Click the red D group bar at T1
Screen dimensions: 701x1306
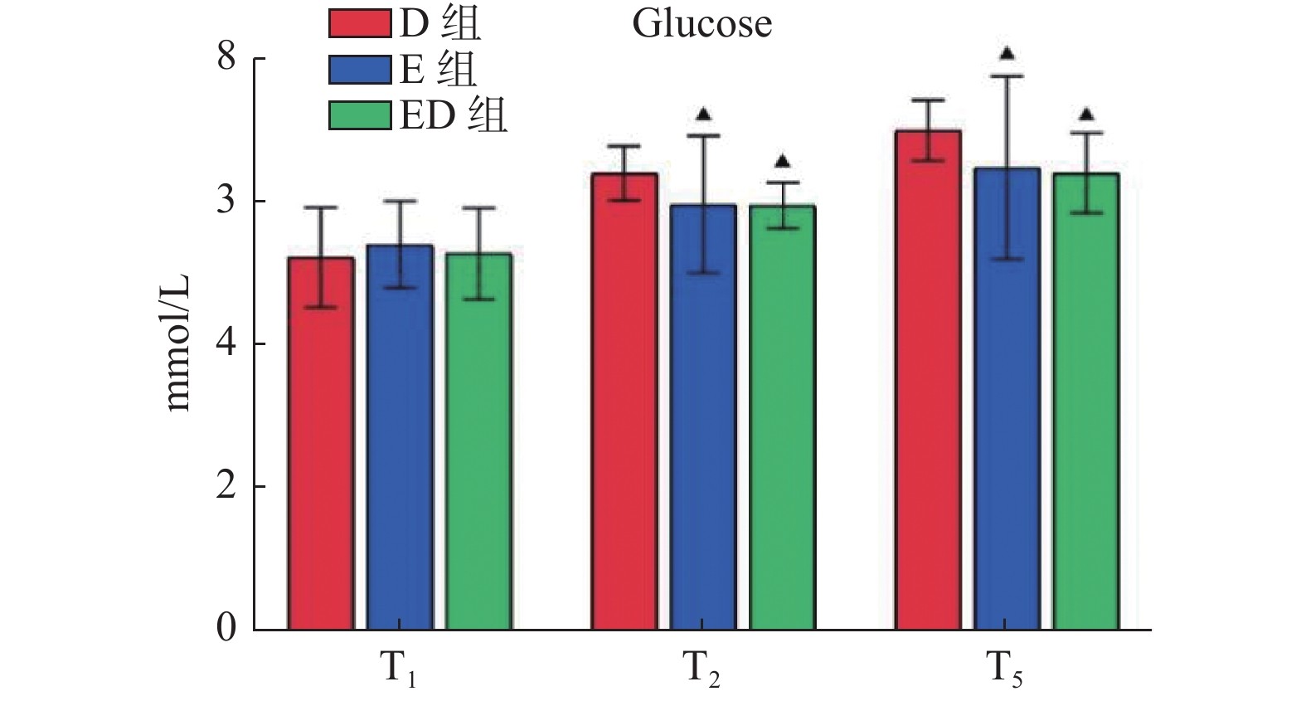click(321, 443)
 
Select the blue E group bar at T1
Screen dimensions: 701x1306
click(400, 437)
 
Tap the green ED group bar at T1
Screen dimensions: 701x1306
click(478, 441)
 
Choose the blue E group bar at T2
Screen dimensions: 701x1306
click(703, 416)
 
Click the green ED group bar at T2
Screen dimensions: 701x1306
click(782, 417)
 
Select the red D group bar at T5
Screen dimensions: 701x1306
click(928, 380)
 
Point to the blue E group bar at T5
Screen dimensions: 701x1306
click(1007, 398)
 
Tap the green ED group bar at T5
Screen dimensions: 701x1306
click(1085, 401)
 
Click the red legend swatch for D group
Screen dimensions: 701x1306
click(359, 24)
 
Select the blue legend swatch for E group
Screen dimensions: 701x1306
click(359, 70)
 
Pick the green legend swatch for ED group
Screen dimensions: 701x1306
click(359, 115)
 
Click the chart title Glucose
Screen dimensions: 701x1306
click(702, 24)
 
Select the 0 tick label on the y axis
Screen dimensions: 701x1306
click(226, 629)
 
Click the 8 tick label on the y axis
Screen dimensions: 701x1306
click(226, 59)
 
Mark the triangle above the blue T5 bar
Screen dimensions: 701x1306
click(1007, 54)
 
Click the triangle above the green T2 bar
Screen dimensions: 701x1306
click(782, 162)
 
